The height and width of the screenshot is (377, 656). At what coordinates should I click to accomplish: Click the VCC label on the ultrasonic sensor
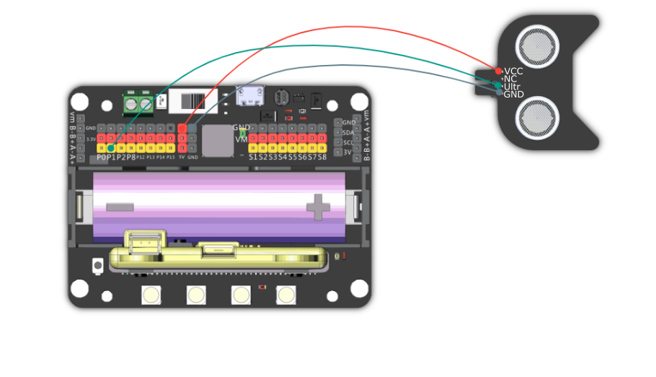514,71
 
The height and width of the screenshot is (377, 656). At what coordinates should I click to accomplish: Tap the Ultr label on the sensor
512,87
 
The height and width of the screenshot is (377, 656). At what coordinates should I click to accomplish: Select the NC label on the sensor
510,79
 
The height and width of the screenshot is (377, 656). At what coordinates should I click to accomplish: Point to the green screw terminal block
138,104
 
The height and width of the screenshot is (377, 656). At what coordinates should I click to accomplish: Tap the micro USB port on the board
250,95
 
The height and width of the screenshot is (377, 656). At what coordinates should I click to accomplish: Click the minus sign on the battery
120,207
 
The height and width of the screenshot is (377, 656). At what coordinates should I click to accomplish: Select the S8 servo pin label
322,157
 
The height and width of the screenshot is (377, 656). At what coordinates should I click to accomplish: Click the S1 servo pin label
253,157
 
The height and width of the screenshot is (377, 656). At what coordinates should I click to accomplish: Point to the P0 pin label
102,157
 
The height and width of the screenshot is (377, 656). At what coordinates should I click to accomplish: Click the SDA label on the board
348,133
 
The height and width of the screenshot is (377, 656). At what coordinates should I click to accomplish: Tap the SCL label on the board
348,142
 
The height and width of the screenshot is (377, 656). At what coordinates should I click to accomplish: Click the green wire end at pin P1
110,148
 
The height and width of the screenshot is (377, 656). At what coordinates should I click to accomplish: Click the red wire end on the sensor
499,71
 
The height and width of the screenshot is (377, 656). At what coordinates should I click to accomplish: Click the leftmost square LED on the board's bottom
151,295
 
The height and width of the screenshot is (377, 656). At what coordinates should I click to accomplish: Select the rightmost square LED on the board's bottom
286,295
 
